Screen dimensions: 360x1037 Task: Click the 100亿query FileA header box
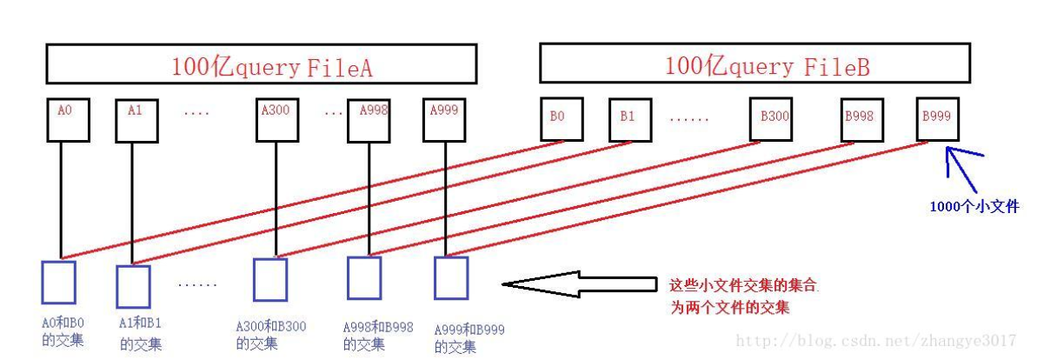click(x=261, y=64)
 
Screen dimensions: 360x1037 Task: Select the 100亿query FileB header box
click(x=754, y=64)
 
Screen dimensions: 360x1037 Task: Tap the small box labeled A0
click(x=68, y=120)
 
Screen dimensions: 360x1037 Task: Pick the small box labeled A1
click(x=136, y=120)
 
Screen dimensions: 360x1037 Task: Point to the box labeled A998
click(x=369, y=120)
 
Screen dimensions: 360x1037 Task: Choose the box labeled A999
click(x=445, y=120)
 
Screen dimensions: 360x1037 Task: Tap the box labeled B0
click(x=561, y=119)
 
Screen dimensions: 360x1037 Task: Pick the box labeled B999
click(x=938, y=119)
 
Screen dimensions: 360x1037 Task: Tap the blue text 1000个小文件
click(x=974, y=207)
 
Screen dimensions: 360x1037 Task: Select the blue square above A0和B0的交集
click(x=58, y=281)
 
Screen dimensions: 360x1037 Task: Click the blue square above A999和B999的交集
click(x=451, y=278)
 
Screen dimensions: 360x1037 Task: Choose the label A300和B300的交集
click(x=271, y=335)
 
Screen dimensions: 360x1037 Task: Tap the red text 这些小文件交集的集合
click(x=743, y=284)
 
